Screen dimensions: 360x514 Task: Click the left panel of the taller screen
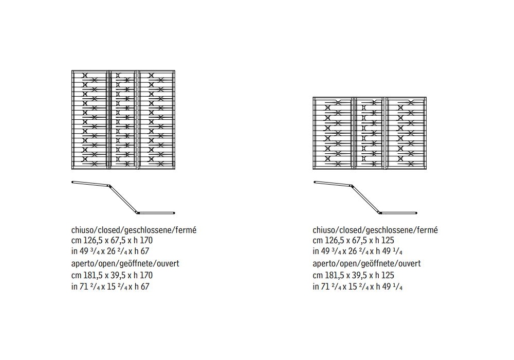click(x=89, y=119)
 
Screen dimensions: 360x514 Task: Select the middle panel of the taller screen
click(x=123, y=119)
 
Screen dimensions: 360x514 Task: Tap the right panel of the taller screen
click(x=156, y=119)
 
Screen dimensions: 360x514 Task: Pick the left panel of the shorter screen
click(x=333, y=133)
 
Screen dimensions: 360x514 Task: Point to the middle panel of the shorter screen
click(x=370, y=133)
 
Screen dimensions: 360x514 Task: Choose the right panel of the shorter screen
click(x=407, y=133)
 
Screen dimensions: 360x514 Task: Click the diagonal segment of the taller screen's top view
click(x=123, y=199)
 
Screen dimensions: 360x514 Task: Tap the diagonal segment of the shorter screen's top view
click(x=365, y=199)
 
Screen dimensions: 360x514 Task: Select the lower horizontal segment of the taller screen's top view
click(x=156, y=212)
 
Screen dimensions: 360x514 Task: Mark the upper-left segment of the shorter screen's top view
click(x=332, y=183)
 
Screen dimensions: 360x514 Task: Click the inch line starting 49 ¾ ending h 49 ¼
click(x=357, y=251)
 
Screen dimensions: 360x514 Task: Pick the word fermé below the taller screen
click(x=186, y=229)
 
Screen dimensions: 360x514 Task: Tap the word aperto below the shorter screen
click(x=324, y=263)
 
